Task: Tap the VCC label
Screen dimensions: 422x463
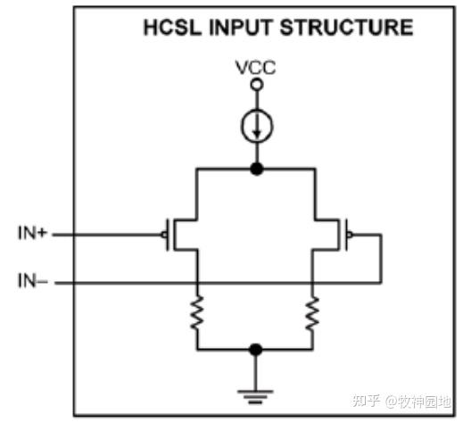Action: pos(256,67)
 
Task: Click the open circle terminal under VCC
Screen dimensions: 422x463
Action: pos(257,84)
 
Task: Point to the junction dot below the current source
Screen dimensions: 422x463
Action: pos(257,167)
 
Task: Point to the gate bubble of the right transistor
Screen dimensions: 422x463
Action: pos(349,236)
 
